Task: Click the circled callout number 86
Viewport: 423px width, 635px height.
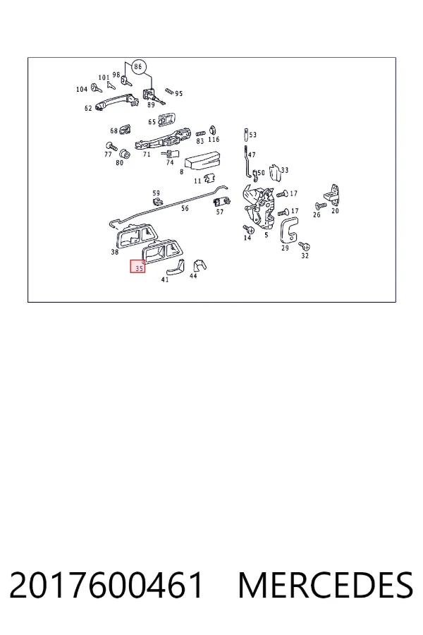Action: [138, 66]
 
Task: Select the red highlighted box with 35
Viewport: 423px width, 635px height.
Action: [137, 266]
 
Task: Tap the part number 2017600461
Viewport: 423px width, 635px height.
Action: [106, 585]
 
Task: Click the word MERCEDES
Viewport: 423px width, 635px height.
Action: [326, 585]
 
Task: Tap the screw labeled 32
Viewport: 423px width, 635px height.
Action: [305, 246]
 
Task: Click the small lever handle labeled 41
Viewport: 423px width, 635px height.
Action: [175, 266]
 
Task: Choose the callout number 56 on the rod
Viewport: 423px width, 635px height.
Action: [185, 208]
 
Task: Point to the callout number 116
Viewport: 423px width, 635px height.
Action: [214, 139]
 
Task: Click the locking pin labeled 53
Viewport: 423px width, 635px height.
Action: [246, 133]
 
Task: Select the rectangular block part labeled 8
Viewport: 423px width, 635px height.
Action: [202, 161]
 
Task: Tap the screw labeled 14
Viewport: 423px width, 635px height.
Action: [248, 229]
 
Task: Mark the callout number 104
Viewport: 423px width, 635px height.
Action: [82, 89]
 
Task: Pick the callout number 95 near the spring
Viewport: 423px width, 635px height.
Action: [179, 94]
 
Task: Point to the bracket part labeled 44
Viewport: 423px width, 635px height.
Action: [199, 266]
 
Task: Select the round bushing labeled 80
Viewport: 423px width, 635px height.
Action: [124, 155]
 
